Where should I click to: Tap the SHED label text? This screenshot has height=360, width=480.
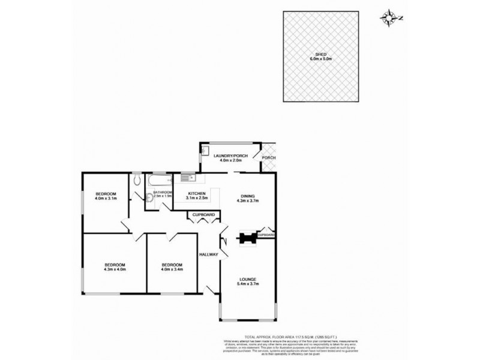click(x=321, y=54)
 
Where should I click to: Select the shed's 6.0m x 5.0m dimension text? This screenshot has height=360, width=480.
click(x=321, y=59)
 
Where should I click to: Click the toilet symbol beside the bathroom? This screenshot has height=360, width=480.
click(x=137, y=179)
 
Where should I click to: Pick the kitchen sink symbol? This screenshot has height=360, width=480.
click(x=186, y=177)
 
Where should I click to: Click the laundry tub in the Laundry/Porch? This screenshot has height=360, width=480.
click(x=205, y=150)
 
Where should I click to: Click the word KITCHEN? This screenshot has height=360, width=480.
click(x=197, y=193)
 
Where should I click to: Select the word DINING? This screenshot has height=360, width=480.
click(x=248, y=196)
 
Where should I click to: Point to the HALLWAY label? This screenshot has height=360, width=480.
click(x=208, y=255)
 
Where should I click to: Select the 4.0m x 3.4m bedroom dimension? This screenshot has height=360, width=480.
click(x=172, y=269)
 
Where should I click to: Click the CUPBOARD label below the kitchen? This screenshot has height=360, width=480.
click(x=203, y=214)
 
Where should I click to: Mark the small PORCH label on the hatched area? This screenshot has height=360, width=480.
click(x=269, y=158)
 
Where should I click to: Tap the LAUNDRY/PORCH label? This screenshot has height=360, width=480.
click(x=231, y=156)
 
